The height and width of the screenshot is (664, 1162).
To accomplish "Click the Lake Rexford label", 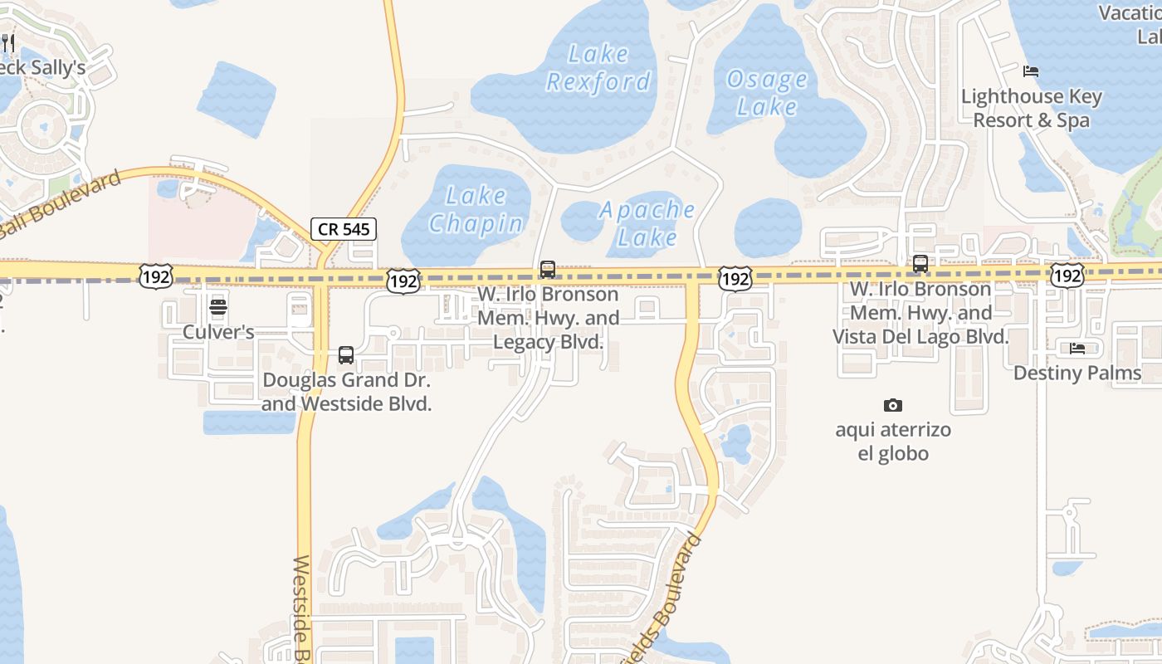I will point(598,68).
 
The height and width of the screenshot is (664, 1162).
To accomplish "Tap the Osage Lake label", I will point(766,93).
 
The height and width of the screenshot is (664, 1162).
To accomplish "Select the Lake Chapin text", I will point(476,209).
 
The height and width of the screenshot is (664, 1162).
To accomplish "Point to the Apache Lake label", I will point(647,223).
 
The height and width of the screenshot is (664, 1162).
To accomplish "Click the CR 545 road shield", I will point(344,229).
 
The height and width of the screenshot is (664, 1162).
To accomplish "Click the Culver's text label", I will point(218,332).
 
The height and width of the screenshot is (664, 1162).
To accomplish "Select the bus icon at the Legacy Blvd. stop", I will point(548,270).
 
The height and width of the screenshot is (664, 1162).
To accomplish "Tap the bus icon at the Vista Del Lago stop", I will point(920,265).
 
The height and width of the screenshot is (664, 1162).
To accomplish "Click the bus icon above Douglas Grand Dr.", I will point(346,356).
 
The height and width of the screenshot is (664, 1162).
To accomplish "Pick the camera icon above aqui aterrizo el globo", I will point(893,406).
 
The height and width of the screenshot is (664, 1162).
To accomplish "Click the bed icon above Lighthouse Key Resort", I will point(1031,71).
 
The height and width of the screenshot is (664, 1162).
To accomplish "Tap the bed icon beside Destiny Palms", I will point(1077,349).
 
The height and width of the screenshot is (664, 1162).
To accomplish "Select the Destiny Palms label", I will point(1077,373).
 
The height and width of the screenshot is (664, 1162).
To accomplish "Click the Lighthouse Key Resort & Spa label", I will point(1032,109).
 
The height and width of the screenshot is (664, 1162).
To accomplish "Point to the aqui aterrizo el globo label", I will point(893,442).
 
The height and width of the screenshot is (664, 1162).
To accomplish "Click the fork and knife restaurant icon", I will point(8,42).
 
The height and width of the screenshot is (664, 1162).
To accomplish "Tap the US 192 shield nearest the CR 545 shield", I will point(403,282).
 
